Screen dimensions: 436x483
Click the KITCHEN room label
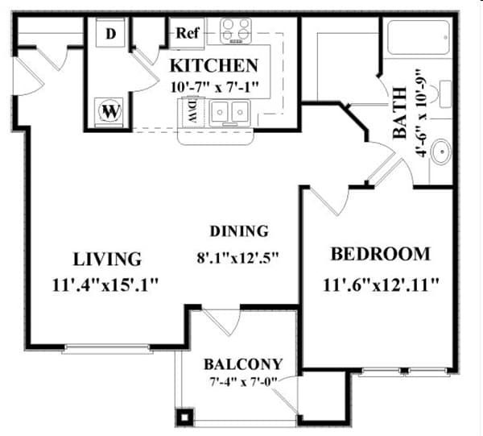tap(213, 66)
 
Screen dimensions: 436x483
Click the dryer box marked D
tap(110, 34)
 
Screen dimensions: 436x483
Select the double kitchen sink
tap(229, 113)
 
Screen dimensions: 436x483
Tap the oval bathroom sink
tap(441, 151)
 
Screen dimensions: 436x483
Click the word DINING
tap(239, 231)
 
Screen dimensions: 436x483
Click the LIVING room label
tap(107, 259)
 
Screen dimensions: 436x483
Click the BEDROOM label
tap(381, 254)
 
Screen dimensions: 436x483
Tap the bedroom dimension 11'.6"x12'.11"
tap(382, 284)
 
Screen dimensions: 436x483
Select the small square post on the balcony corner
tap(186, 417)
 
